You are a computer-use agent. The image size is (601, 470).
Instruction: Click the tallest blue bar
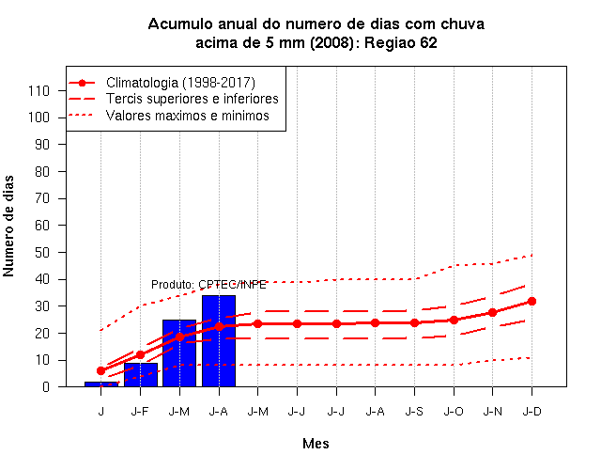tap(219, 340)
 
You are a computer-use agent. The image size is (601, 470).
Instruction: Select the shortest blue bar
tap(101, 384)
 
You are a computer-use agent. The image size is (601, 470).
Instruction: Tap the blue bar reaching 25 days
tap(179, 353)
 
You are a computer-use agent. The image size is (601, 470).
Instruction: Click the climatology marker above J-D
tap(532, 301)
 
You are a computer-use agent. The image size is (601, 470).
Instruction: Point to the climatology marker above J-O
tap(454, 320)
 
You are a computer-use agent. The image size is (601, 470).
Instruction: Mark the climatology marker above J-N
tap(492, 312)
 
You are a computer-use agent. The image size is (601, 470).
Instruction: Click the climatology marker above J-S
tap(414, 322)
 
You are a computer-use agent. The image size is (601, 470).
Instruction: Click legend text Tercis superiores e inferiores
tap(192, 99)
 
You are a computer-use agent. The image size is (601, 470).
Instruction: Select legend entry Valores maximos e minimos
tap(188, 115)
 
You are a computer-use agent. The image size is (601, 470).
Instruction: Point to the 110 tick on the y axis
tap(39, 91)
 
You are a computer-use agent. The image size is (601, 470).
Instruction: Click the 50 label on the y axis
tap(42, 253)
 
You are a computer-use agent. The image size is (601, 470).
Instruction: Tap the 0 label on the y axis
tap(46, 386)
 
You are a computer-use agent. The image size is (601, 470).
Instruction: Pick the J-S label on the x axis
tap(414, 412)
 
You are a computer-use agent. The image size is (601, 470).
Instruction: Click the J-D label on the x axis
tap(532, 412)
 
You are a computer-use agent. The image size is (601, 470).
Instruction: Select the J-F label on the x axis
tap(140, 412)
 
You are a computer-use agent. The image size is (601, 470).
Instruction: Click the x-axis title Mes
tap(316, 444)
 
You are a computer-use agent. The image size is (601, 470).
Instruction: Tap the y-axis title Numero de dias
tap(8, 227)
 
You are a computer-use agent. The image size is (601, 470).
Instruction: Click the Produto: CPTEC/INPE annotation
tap(208, 284)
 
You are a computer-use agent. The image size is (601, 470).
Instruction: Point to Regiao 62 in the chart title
tap(401, 42)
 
